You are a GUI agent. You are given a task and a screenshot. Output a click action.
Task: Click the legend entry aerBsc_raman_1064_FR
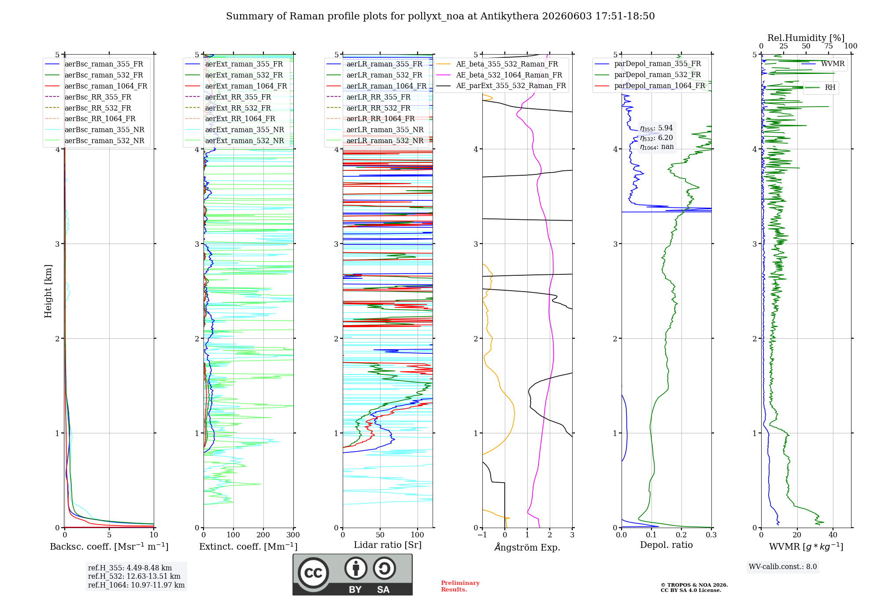click(96, 86)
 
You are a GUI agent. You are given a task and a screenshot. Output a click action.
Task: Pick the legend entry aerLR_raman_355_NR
click(375, 130)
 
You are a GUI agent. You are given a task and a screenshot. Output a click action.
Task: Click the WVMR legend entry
click(823, 64)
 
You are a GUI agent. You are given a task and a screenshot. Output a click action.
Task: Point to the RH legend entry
click(821, 88)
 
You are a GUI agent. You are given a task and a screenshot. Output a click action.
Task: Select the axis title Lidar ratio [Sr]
click(388, 545)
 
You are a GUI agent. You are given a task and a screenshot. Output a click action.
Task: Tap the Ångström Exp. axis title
click(527, 547)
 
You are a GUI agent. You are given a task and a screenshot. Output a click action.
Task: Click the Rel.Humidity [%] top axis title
click(806, 38)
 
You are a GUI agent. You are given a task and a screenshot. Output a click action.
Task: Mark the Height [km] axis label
click(48, 291)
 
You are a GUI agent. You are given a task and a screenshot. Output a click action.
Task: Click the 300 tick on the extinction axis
click(293, 535)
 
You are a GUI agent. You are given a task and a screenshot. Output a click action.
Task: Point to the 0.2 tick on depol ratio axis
click(681, 535)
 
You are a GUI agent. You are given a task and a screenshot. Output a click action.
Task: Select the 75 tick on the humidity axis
click(829, 46)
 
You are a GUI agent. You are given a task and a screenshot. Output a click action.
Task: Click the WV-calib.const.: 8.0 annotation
click(783, 567)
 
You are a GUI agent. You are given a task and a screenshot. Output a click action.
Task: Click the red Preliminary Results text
click(460, 586)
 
